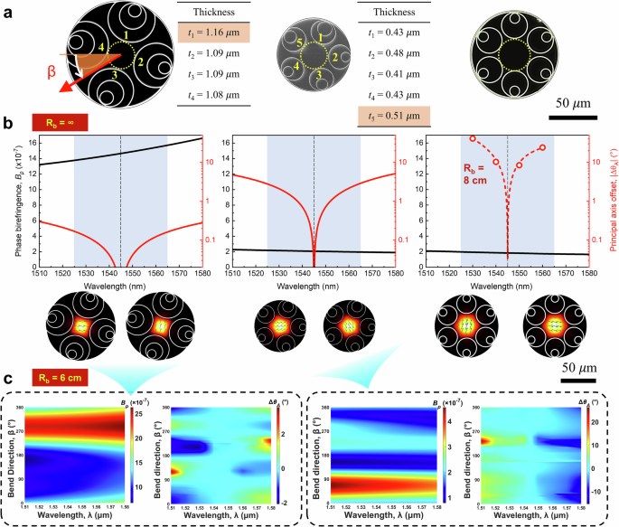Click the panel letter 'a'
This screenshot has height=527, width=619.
pyautogui.click(x=7, y=11)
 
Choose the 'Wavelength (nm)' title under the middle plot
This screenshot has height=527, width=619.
pyautogui.click(x=314, y=284)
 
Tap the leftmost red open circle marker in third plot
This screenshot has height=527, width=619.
pyautogui.click(x=473, y=139)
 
